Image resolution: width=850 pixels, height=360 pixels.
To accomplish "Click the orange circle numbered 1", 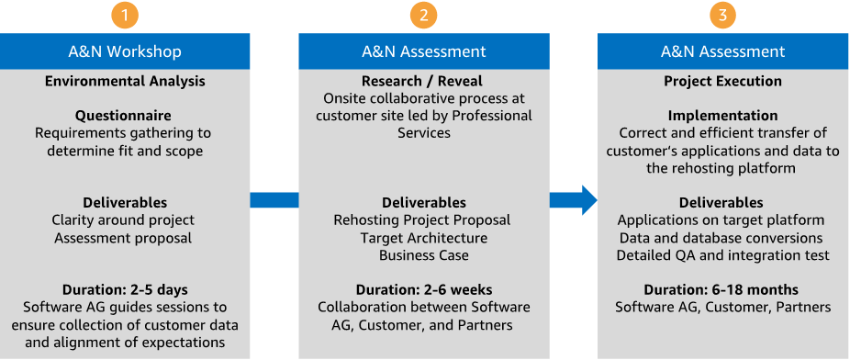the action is (x=125, y=16).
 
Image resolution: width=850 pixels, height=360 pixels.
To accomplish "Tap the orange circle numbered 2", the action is (x=423, y=16).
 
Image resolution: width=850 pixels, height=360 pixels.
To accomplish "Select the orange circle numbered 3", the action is (x=722, y=16).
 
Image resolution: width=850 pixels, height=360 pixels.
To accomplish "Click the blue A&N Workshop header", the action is (x=125, y=51).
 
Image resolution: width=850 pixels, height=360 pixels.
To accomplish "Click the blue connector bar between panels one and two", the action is (x=274, y=200).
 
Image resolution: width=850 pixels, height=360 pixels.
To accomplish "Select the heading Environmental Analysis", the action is (x=125, y=82).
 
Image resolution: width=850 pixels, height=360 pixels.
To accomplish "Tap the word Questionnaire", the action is (x=124, y=116).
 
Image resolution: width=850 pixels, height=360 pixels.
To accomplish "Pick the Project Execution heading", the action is (x=722, y=82).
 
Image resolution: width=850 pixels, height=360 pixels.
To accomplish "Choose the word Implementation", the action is (x=722, y=116).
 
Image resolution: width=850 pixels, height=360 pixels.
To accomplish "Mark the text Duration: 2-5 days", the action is (x=125, y=289).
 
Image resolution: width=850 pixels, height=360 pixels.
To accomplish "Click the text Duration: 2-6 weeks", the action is (x=424, y=289).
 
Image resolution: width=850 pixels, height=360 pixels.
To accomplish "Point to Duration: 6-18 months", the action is (x=721, y=289).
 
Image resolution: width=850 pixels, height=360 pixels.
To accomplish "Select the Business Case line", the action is (x=424, y=254).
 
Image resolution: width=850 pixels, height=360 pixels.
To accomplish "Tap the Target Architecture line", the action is (x=424, y=238).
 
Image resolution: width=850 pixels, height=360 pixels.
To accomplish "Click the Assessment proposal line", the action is (x=123, y=238).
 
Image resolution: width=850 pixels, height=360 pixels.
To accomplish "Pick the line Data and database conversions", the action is (x=721, y=238).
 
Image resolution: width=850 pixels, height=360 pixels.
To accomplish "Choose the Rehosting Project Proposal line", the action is (x=421, y=220).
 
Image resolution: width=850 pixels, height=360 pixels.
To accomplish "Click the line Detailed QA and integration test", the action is (x=723, y=255).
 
